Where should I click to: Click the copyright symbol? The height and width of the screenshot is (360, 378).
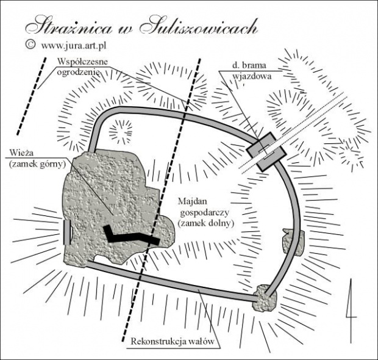29,45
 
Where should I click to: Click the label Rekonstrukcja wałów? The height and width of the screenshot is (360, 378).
174,342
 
